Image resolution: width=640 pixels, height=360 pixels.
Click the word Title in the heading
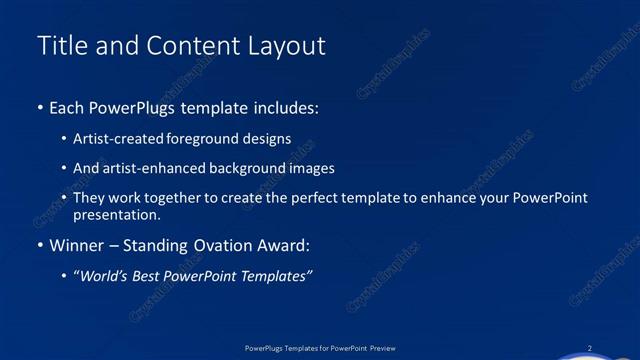[x=59, y=46]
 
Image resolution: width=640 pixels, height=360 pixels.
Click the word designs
[x=269, y=139]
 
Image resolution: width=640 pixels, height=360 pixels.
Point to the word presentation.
[x=116, y=214]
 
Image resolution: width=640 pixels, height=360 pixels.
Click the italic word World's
[x=107, y=277]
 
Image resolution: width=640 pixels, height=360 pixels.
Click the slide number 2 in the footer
[x=590, y=347]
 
